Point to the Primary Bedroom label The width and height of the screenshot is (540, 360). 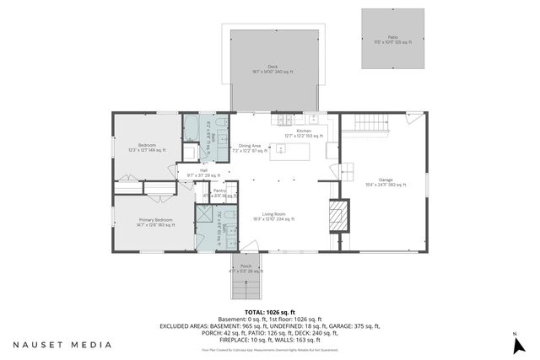point(156,222)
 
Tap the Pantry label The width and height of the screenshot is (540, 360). point(219,192)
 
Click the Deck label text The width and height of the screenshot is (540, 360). point(273,68)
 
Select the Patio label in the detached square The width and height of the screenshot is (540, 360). point(392,39)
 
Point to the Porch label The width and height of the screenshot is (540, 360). point(246,267)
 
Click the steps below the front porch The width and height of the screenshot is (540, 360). point(246,291)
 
